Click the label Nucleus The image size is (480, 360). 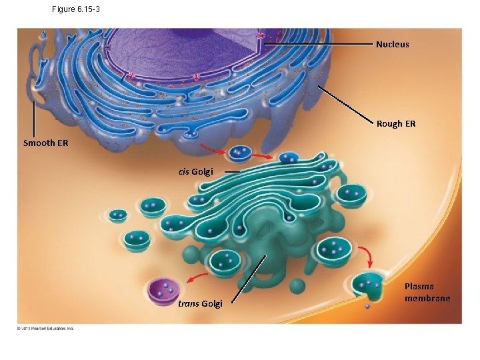pos(392,45)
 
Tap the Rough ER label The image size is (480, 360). pos(395,123)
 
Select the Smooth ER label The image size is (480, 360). pos(45,143)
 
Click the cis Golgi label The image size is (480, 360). pos(195,172)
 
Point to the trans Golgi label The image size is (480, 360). pos(200,304)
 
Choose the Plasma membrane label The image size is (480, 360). pos(427,292)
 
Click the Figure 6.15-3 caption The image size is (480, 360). pos(75,9)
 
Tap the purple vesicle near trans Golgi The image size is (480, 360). pos(164,291)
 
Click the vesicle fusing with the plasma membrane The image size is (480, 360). pos(368,285)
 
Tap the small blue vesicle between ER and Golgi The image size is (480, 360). pos(237,153)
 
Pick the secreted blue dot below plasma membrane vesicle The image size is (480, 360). pos(367,307)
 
